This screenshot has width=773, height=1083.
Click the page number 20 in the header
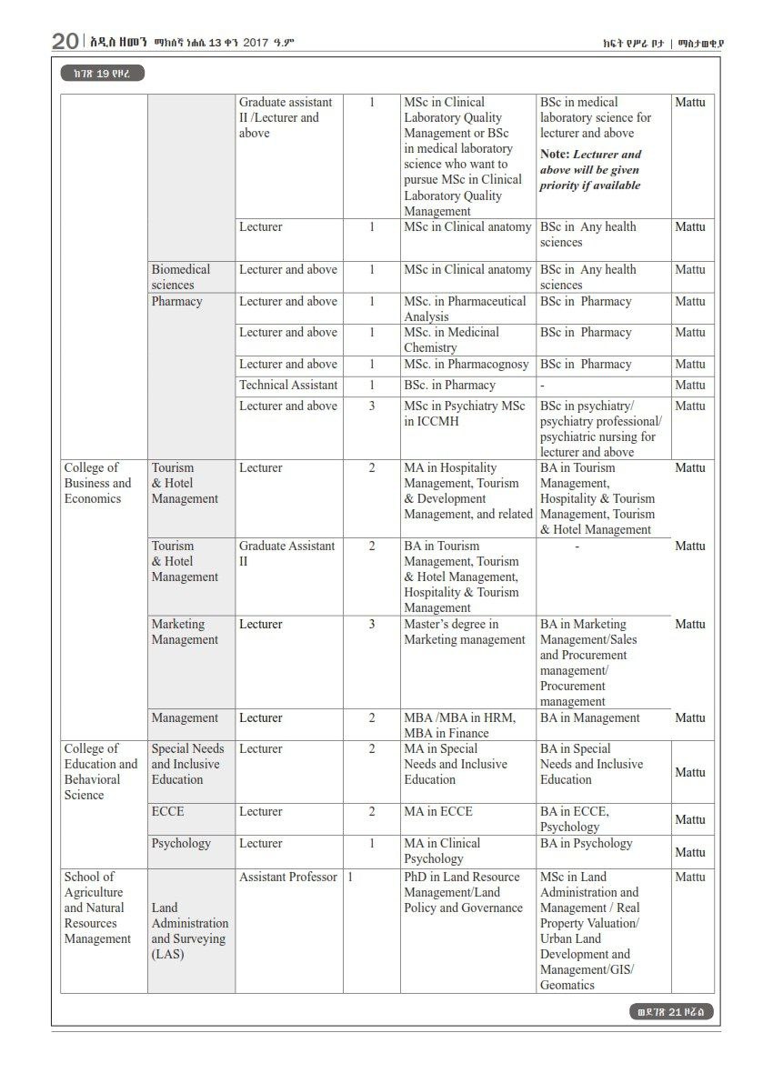(x=65, y=41)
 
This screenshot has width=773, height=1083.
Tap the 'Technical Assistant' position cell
(x=288, y=386)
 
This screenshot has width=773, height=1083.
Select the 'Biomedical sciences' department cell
(x=181, y=276)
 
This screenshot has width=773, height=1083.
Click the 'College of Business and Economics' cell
(x=97, y=483)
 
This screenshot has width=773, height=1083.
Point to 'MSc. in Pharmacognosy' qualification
(x=467, y=365)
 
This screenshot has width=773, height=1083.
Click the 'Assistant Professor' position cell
(x=288, y=877)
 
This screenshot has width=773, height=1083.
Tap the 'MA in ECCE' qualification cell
(x=438, y=812)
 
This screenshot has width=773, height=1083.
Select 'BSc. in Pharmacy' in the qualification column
(x=450, y=386)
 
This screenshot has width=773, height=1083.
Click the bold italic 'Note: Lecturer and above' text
(x=590, y=169)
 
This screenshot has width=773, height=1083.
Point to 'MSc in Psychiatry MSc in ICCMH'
(x=465, y=414)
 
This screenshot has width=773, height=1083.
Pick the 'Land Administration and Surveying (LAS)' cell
(x=190, y=931)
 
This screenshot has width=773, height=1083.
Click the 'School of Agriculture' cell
(x=97, y=908)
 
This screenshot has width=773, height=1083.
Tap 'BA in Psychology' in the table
(x=587, y=844)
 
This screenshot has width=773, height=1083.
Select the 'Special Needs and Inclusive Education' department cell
(x=187, y=765)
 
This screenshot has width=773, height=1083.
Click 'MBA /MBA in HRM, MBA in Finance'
(x=459, y=725)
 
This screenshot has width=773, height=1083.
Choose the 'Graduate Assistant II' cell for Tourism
(x=286, y=554)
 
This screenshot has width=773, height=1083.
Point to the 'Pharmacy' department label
(x=176, y=302)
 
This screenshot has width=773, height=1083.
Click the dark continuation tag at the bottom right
(x=671, y=1012)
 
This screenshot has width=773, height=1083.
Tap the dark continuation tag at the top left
(x=103, y=74)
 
